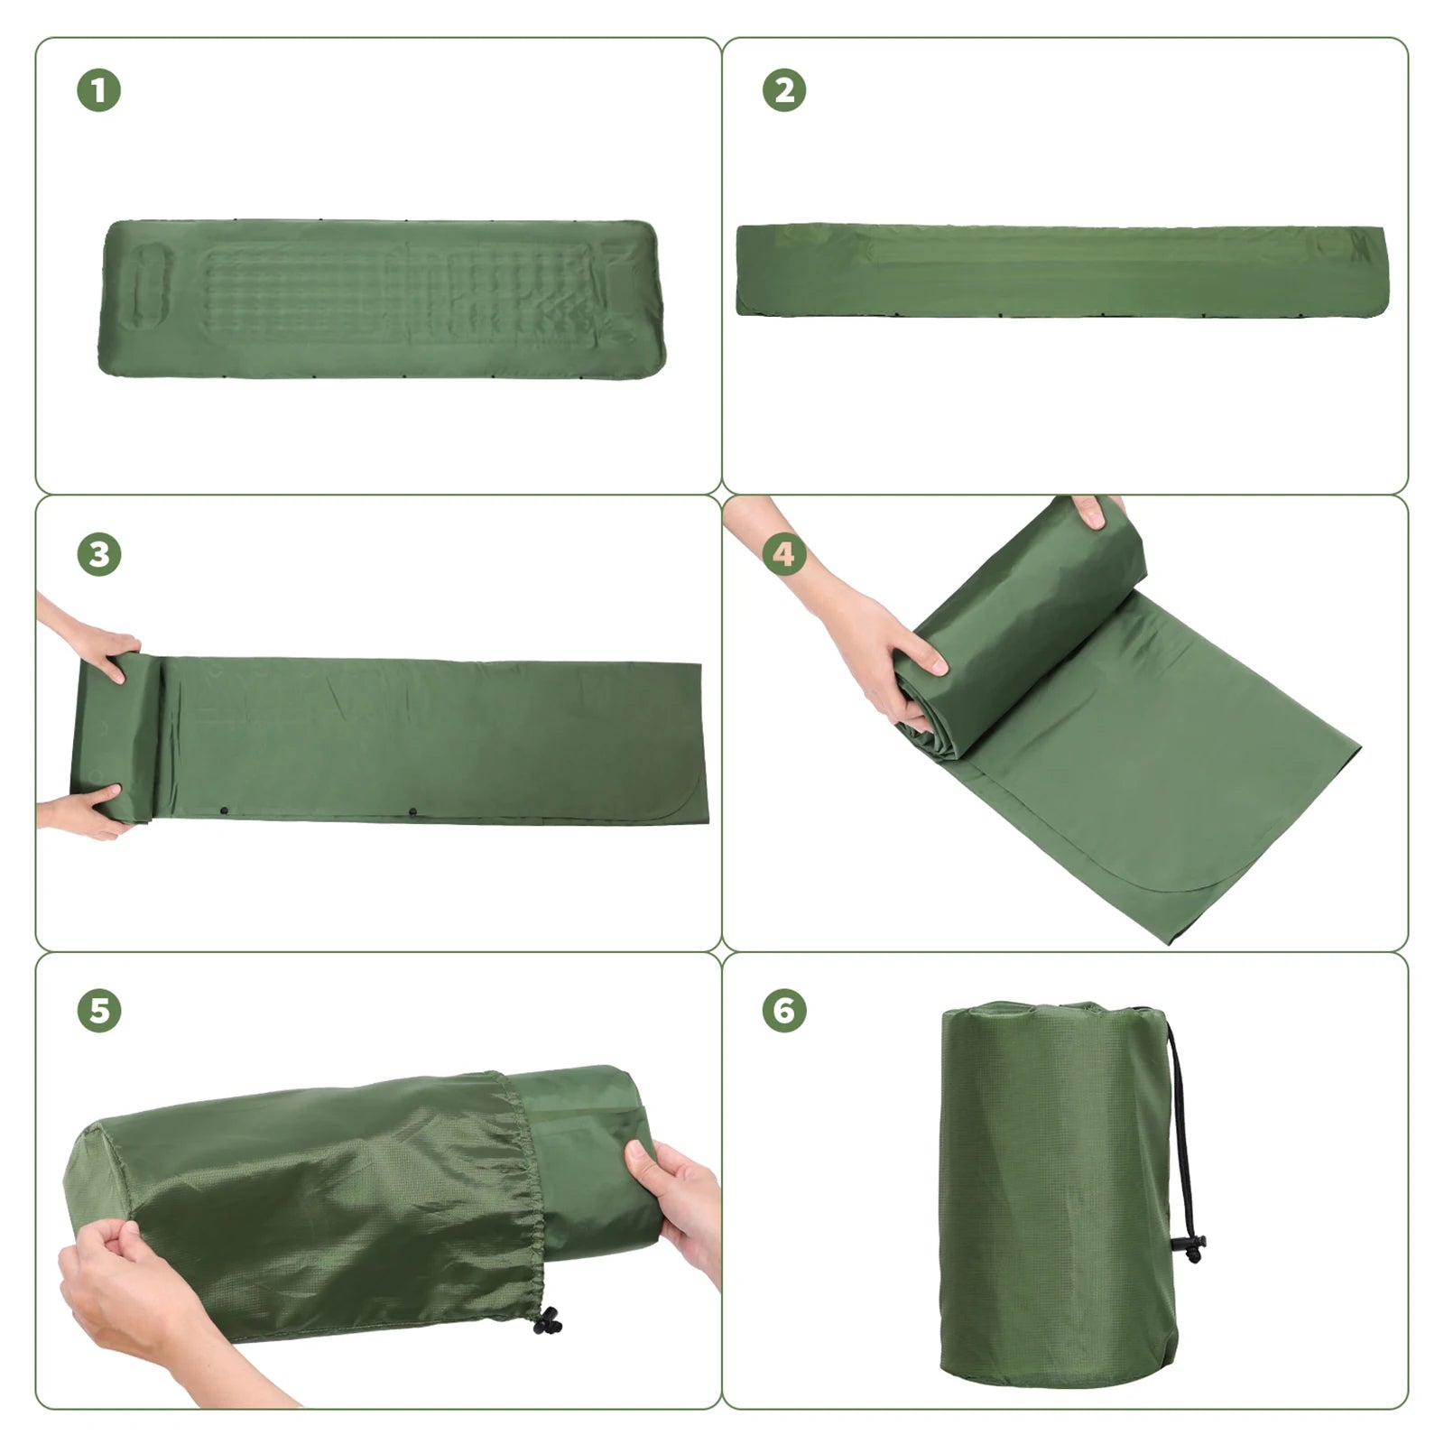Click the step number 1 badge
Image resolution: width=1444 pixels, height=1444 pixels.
(x=99, y=90)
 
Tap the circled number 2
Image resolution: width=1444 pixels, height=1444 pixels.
(x=784, y=90)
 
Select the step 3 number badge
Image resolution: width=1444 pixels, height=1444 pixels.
(x=99, y=554)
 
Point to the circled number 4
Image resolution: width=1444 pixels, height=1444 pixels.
(x=784, y=554)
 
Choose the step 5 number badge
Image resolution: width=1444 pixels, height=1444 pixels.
(x=99, y=1010)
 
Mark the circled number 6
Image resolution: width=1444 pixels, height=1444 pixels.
(x=784, y=1010)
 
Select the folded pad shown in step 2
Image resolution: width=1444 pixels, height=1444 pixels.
(x=1060, y=271)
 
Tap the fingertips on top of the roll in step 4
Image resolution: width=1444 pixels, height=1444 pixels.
(x=1094, y=513)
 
